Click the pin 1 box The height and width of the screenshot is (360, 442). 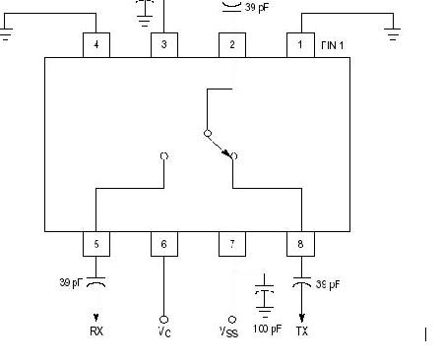(x=301, y=44)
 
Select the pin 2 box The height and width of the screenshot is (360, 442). (x=232, y=44)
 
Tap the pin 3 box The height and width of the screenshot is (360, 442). (x=164, y=44)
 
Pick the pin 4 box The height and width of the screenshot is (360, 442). (x=95, y=44)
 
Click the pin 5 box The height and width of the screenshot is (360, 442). (x=95, y=244)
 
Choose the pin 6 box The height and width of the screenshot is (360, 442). (x=164, y=244)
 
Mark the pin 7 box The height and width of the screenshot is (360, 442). (x=232, y=244)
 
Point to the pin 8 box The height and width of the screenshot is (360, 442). (x=301, y=244)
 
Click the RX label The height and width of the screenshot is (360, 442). (x=96, y=331)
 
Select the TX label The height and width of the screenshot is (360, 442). (x=301, y=331)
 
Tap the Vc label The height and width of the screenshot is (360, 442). (x=164, y=331)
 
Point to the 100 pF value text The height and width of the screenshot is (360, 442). (x=265, y=330)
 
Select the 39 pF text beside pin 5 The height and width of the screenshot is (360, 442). (x=71, y=283)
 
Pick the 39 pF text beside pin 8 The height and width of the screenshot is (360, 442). (x=329, y=285)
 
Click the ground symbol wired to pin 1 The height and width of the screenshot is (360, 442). (x=394, y=34)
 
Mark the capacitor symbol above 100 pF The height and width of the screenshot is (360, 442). (x=265, y=295)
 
